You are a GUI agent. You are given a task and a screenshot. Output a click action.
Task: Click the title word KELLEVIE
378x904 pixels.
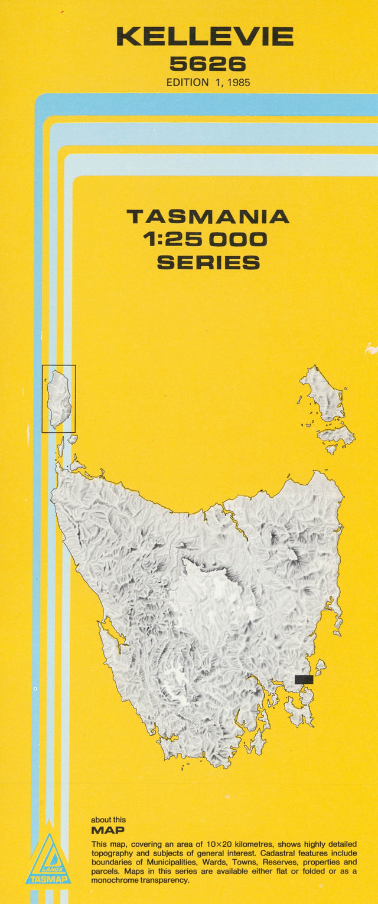point(204,37)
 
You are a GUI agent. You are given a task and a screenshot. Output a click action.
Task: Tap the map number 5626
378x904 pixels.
point(207,63)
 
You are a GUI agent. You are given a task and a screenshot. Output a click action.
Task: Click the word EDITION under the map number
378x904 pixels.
point(187,83)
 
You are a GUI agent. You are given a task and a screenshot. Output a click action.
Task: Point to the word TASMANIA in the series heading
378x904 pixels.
point(208,217)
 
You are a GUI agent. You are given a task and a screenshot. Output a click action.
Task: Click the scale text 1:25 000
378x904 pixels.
point(205,239)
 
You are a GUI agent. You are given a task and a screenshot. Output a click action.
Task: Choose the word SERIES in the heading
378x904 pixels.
point(208,262)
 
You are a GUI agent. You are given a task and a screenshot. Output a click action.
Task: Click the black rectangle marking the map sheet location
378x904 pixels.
point(304,679)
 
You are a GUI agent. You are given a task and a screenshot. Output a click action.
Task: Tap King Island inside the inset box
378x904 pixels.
point(58,398)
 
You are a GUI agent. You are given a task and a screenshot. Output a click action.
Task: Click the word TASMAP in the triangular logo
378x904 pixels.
point(48,879)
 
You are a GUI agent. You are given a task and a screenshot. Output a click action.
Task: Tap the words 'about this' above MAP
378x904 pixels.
point(108,820)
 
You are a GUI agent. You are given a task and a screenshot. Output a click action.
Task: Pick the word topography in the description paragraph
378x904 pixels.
point(113,853)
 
